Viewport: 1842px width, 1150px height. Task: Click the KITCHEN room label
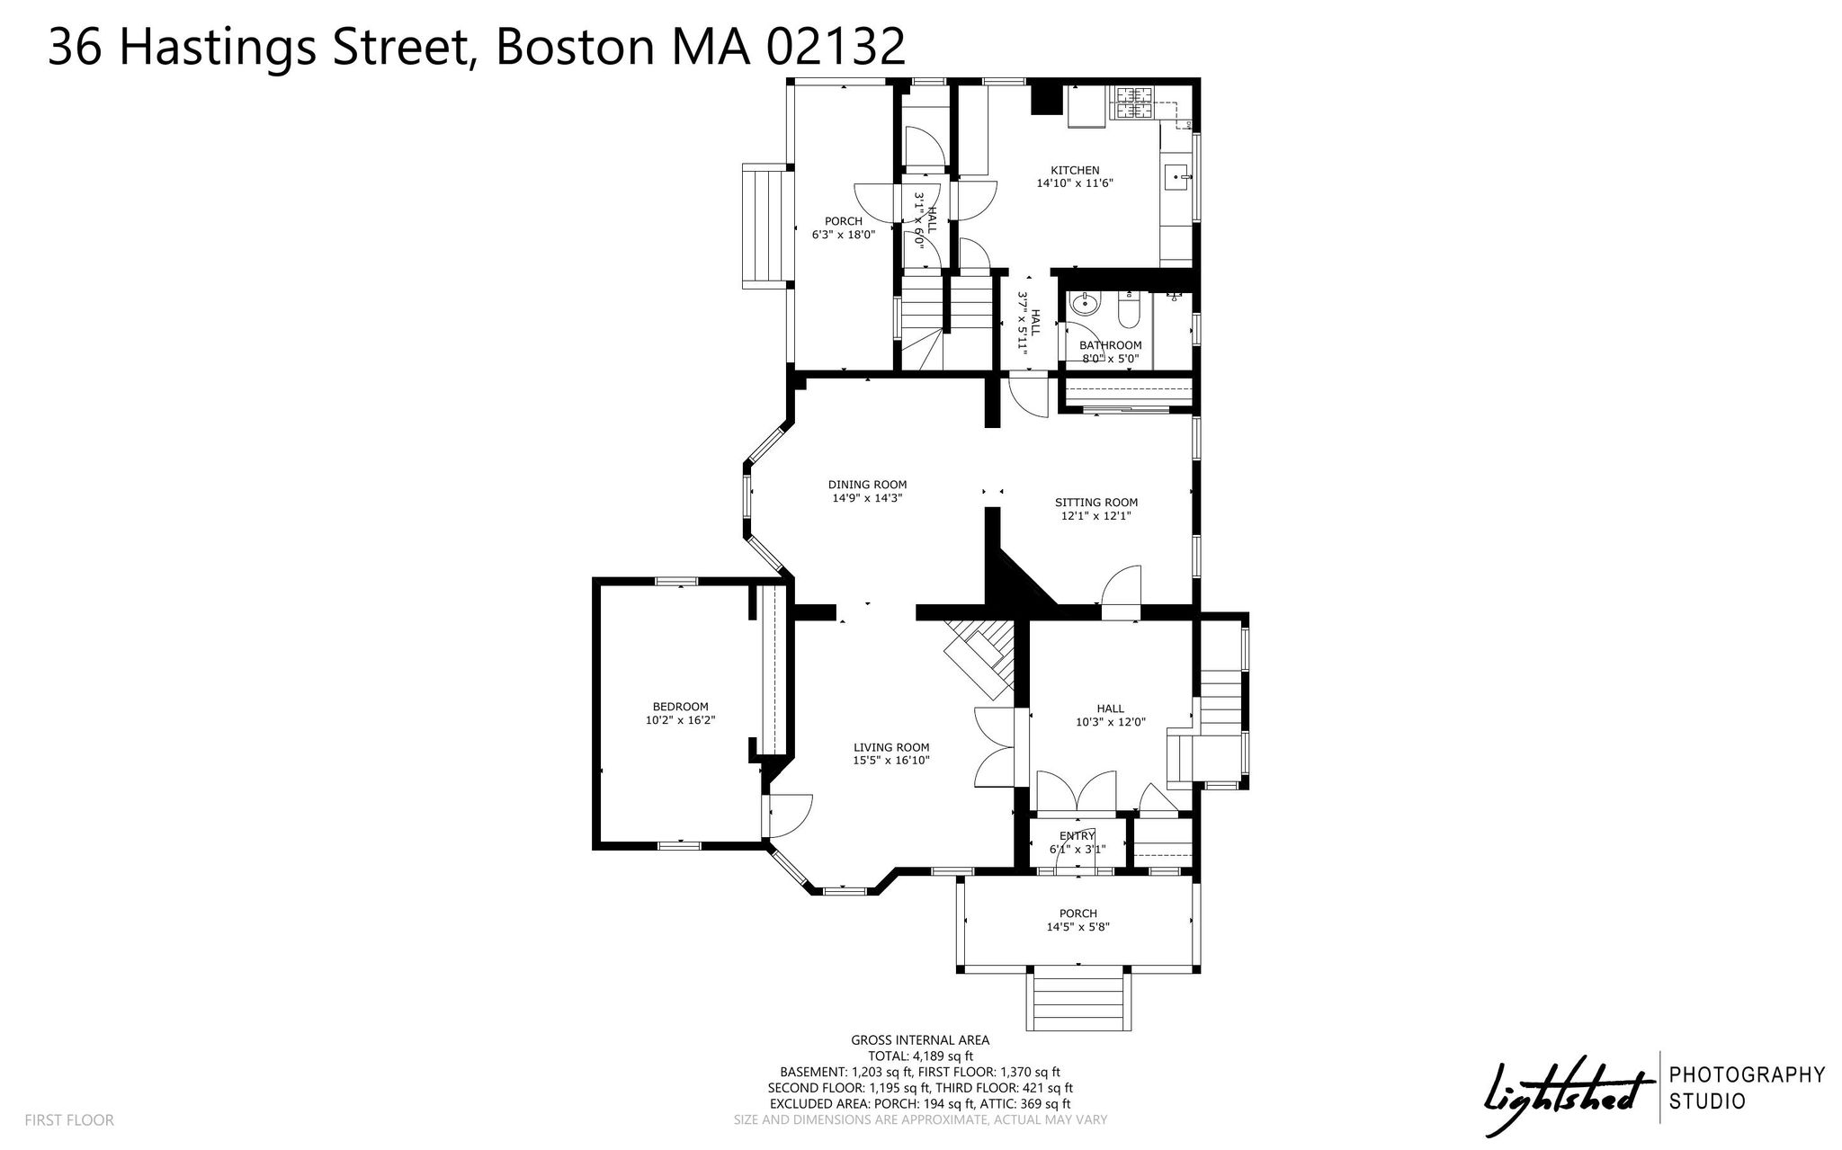pyautogui.click(x=1075, y=170)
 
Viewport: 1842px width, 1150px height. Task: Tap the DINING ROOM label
pyautogui.click(x=867, y=485)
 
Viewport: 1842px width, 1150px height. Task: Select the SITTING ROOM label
pyautogui.click(x=1096, y=503)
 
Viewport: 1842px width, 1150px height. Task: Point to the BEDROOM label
pyautogui.click(x=680, y=707)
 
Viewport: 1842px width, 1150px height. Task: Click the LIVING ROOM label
pyautogui.click(x=891, y=747)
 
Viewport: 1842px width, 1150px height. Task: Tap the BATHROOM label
pyautogui.click(x=1110, y=345)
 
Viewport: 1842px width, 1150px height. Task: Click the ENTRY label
pyautogui.click(x=1077, y=836)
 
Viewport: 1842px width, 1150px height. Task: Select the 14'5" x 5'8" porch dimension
pyautogui.click(x=1077, y=927)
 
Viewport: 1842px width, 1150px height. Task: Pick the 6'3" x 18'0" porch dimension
pyautogui.click(x=844, y=235)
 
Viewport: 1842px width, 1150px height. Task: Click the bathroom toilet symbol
pyautogui.click(x=1128, y=311)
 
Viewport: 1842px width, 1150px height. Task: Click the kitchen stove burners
pyautogui.click(x=1134, y=103)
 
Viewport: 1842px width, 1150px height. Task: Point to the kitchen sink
pyautogui.click(x=1177, y=178)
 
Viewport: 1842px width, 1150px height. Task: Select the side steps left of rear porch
pyautogui.click(x=765, y=226)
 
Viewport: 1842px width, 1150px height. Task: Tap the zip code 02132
pyautogui.click(x=836, y=47)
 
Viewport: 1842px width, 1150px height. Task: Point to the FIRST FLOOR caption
pyautogui.click(x=69, y=1120)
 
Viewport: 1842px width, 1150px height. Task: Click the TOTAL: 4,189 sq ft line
pyautogui.click(x=920, y=1056)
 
